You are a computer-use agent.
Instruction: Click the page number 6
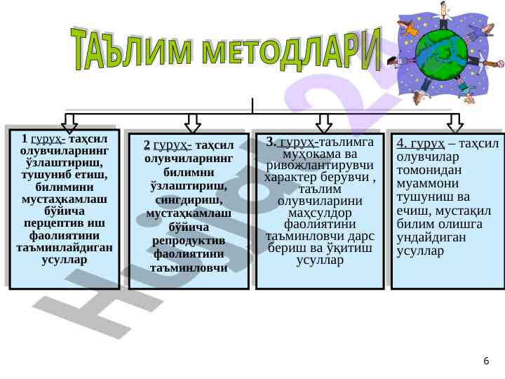pos(486,361)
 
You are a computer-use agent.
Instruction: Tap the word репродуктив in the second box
pos(189,241)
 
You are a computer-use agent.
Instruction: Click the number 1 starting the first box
pos(25,138)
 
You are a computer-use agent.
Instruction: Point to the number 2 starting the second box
pos(146,145)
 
